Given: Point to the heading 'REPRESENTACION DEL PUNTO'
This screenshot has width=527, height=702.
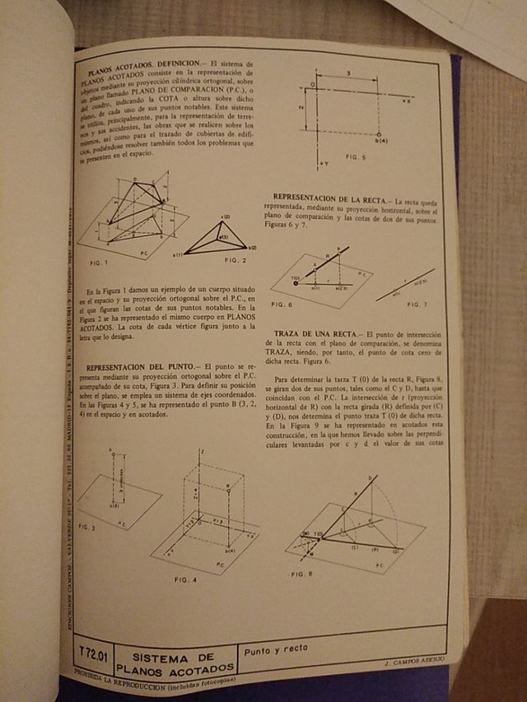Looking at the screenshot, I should [139, 366].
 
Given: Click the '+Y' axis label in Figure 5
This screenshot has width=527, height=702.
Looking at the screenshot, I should [322, 164].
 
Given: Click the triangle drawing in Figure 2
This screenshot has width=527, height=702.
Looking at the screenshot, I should [218, 239].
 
